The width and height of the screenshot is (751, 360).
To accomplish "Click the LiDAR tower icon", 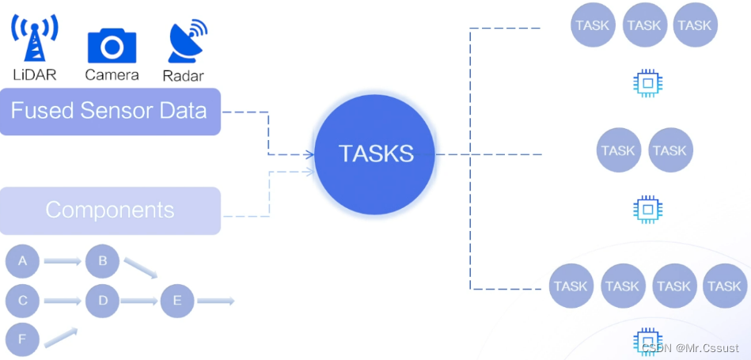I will click(34, 39).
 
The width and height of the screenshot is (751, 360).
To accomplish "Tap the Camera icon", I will click(112, 45).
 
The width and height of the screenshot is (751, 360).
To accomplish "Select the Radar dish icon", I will click(187, 42).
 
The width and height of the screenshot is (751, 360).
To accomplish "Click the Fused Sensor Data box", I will click(109, 111).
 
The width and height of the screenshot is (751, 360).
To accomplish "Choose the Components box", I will click(109, 210).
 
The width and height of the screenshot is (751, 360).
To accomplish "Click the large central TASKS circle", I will click(376, 153).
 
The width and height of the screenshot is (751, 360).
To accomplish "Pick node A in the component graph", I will click(22, 261).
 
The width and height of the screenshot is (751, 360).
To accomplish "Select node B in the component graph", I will click(102, 261).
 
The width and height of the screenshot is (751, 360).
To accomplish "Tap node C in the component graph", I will click(22, 301).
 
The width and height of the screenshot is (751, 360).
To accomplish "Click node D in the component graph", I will click(102, 301).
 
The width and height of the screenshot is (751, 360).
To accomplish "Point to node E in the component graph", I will click(176, 301).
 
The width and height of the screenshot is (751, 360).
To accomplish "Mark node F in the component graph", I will click(22, 340).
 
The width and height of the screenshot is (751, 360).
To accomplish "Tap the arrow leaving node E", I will click(215, 301).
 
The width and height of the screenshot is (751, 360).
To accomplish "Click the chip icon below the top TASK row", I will click(647, 82).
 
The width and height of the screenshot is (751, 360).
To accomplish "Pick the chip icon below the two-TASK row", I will click(647, 209).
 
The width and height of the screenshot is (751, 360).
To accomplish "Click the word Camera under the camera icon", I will click(112, 75).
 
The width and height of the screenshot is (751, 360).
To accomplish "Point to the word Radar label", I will click(183, 76).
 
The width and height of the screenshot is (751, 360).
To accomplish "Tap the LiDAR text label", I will click(36, 75).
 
